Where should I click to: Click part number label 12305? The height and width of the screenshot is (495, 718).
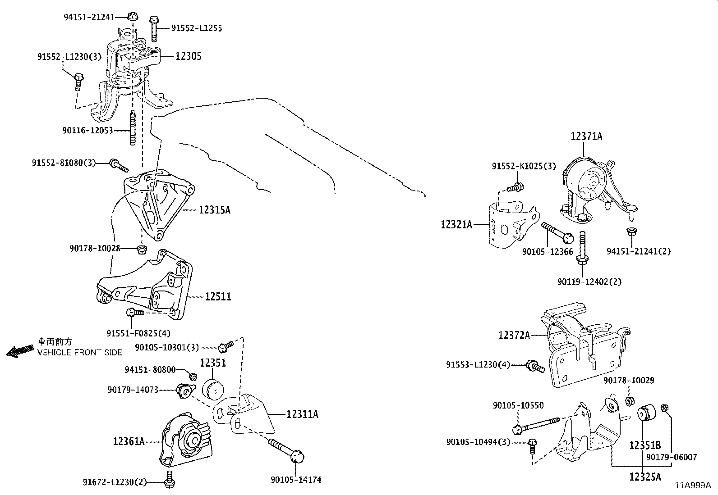188,56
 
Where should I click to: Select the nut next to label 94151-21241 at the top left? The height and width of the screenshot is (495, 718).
132,17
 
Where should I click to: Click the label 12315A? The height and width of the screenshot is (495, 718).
214,210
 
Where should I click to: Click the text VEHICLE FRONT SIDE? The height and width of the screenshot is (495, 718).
80,352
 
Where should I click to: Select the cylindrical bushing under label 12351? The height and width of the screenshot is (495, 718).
213,390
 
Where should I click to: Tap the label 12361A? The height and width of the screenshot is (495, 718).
129,442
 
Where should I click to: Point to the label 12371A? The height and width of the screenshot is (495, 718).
586,136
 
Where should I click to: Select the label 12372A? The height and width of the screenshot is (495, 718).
514,335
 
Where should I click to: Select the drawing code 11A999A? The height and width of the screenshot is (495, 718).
693,486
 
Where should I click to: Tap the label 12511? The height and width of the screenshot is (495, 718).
218,297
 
